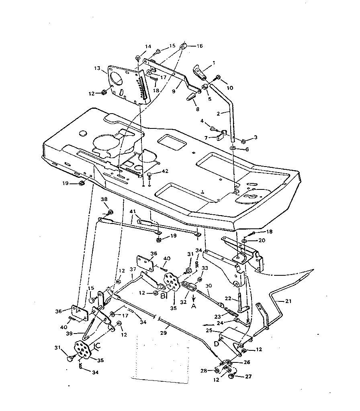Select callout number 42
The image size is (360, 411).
(x=165, y=171)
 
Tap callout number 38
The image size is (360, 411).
(x=104, y=199)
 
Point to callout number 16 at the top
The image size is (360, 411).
(x=199, y=46)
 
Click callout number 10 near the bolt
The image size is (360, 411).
(x=229, y=87)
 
